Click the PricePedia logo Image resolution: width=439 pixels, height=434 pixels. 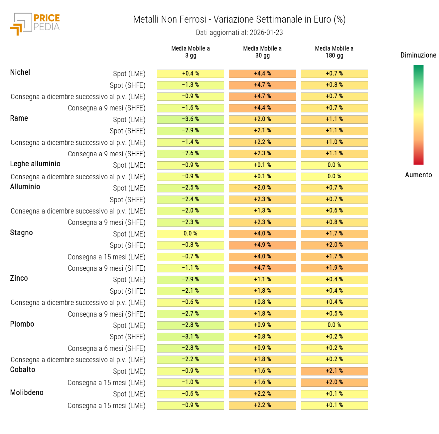click(35, 24)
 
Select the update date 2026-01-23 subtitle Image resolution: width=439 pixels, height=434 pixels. click(239, 33)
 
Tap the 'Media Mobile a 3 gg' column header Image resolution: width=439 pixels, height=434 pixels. click(190, 52)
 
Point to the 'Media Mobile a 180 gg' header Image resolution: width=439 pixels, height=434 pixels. click(334, 52)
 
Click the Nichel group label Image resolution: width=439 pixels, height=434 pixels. click(20, 72)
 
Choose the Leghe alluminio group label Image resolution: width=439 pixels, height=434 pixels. click(35, 164)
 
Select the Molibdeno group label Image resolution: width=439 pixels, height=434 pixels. click(27, 393)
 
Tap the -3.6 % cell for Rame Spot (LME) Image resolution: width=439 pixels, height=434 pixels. click(190, 119)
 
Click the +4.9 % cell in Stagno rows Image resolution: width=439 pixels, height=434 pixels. click(262, 245)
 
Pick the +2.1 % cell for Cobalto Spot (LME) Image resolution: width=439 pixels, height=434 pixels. click(334, 371)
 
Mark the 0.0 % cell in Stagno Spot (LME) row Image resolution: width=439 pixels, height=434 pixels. click(190, 233)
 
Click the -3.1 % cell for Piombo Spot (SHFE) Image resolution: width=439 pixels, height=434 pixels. click(190, 337)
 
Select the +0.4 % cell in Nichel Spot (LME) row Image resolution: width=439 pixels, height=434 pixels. click(190, 73)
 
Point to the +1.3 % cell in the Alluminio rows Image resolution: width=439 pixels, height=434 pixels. click(262, 211)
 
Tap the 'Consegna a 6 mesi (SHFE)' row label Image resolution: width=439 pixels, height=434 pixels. click(106, 349)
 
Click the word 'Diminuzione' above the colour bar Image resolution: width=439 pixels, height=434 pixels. click(418, 55)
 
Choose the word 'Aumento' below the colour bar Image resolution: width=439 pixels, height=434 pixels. click(418, 175)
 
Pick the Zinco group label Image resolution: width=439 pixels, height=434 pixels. click(19, 278)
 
